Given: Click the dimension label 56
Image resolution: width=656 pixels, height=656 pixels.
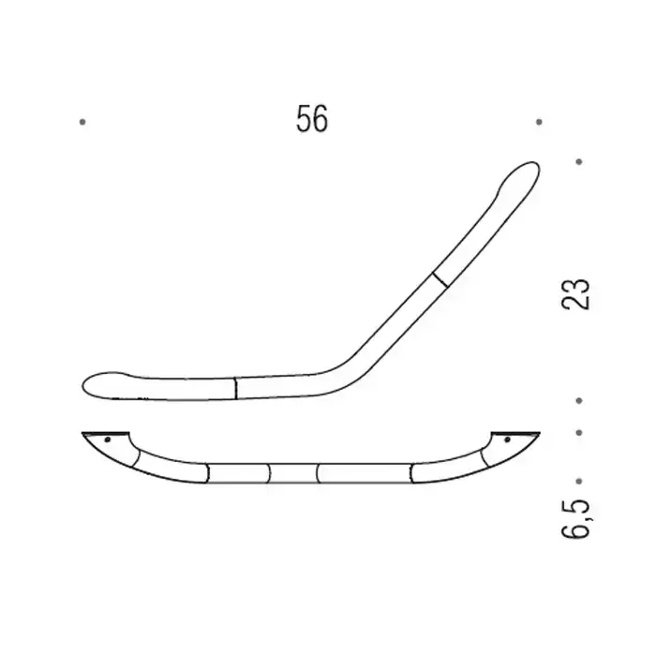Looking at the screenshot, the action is click(x=312, y=119).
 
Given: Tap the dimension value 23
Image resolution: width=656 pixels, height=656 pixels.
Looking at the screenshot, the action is click(x=575, y=293).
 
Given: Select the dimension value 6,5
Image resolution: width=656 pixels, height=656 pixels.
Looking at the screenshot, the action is click(x=576, y=518).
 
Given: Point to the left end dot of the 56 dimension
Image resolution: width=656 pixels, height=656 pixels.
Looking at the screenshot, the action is click(x=82, y=122).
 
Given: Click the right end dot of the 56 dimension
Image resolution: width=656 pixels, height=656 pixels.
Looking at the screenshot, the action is click(x=539, y=122).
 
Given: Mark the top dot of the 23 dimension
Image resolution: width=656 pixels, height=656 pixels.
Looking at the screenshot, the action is click(x=579, y=161).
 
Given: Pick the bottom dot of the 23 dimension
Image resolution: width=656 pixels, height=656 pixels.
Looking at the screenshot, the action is click(x=579, y=401).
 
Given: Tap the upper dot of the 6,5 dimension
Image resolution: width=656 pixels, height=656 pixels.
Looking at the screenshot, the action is click(x=579, y=433).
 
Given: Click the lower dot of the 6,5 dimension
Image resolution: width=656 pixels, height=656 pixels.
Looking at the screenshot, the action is click(x=579, y=482).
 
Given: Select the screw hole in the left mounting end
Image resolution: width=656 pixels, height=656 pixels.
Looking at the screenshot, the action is click(x=108, y=440).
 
